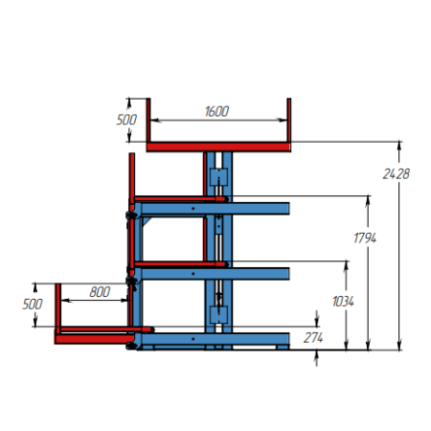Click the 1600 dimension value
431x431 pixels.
[216, 111]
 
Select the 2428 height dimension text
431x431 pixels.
[396, 174]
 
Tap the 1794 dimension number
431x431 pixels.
[365, 238]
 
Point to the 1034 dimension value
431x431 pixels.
[343, 302]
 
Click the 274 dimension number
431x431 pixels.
[313, 338]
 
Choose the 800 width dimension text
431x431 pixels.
[100, 292]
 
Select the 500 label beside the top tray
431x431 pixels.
[126, 120]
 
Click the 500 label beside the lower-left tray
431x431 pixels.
[33, 305]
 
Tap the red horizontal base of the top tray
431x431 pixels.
[218, 147]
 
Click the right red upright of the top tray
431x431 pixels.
[288, 120]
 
